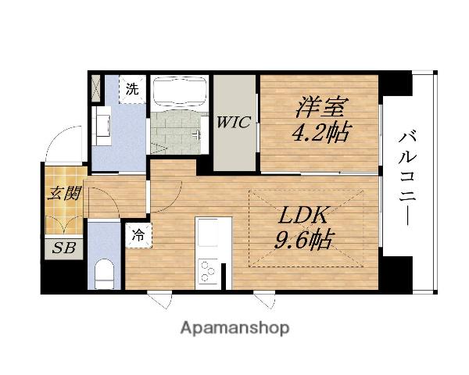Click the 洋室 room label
320,105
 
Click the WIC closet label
234,122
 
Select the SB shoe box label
59,249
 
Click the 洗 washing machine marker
133,89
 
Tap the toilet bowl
103,273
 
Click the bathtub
178,92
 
